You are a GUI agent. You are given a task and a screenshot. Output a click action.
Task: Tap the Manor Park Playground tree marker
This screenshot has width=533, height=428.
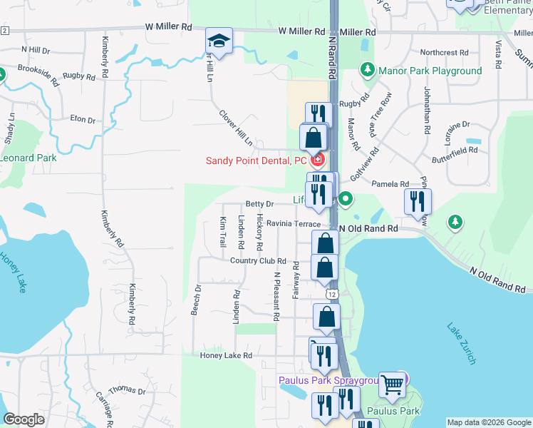click(x=367, y=70)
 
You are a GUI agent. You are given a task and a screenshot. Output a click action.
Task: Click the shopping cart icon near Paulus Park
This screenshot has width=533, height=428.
click(x=391, y=384)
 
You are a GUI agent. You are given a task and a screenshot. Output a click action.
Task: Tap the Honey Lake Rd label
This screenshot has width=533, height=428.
click(x=227, y=355)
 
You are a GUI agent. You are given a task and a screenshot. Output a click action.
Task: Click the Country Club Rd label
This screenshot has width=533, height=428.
click(x=257, y=261)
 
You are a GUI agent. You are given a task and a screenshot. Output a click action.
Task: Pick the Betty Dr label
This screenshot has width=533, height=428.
click(x=259, y=204)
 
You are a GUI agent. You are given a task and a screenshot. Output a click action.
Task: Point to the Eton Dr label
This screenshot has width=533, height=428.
click(x=83, y=120)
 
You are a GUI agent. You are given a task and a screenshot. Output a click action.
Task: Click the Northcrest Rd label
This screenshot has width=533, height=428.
click(x=444, y=52)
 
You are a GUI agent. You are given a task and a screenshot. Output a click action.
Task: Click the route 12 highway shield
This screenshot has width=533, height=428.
click(x=332, y=294)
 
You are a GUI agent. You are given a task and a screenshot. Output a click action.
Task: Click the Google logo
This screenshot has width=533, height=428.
click(x=24, y=419)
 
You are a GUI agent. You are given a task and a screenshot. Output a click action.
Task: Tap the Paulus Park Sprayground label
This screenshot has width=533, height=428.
click(x=326, y=381)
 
